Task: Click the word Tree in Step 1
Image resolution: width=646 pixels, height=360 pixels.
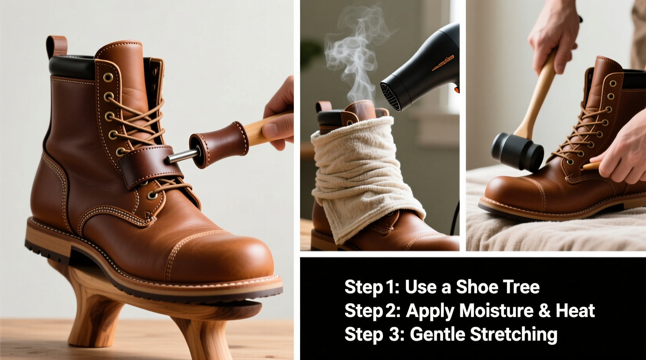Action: pos(521,287)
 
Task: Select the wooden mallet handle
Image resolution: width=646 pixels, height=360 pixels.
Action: pos(538,97)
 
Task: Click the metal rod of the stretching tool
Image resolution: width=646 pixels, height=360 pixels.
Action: pos(179,156)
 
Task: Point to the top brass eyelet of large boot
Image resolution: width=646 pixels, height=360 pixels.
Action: pos(108,76)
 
